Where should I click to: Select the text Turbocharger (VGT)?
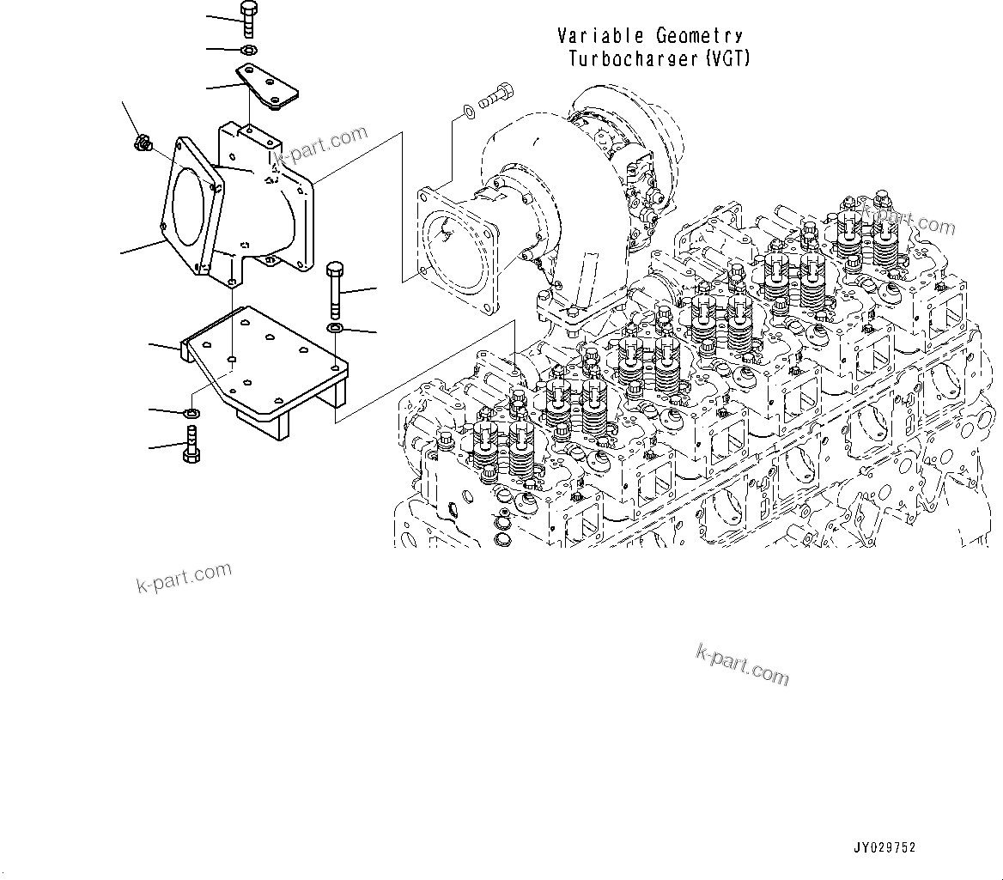coord(660,59)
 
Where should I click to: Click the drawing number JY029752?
coord(884,848)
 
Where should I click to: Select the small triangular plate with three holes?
coord(267,89)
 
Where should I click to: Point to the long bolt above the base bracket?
coord(334,287)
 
